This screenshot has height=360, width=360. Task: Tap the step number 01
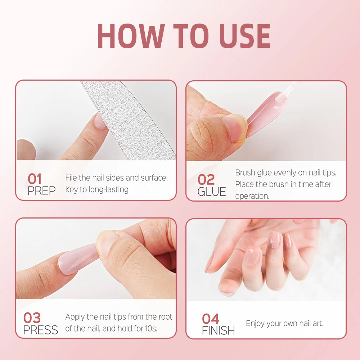pos(35,179)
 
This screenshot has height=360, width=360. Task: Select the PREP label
pos(42,191)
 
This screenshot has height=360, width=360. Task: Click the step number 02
pos(206,180)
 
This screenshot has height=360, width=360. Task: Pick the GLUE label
pos(212,192)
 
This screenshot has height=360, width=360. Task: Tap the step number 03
pos(32,318)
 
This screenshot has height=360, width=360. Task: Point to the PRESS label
pos(41,330)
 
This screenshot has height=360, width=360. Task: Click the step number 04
pos(211,319)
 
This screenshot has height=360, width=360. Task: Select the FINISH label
pos(218,330)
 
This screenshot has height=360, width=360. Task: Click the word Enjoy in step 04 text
pos(256,323)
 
